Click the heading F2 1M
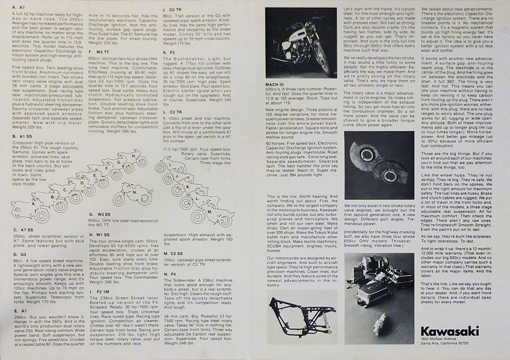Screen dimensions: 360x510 click(x=101, y=292)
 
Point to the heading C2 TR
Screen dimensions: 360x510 click(x=173, y=112)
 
